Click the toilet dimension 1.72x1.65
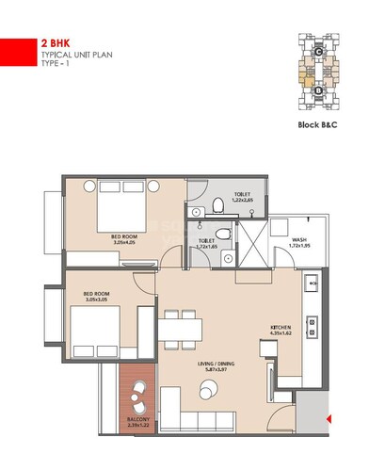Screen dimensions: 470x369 207,247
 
